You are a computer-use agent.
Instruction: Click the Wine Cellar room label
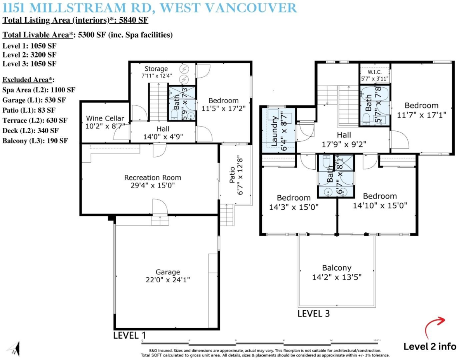pyautogui.click(x=105, y=118)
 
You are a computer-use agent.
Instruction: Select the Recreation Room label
pyautogui.click(x=153, y=178)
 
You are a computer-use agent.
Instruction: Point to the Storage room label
pyautogui.click(x=156, y=69)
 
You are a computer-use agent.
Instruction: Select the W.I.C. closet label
pyautogui.click(x=374, y=72)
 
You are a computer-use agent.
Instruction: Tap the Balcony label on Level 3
pyautogui.click(x=337, y=268)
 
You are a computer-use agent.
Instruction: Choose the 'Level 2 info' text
pyautogui.click(x=430, y=346)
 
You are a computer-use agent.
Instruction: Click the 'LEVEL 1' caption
pyautogui.click(x=130, y=335)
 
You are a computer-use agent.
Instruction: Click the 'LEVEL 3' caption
pyautogui.click(x=314, y=313)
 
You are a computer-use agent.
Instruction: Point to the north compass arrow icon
pyautogui.click(x=14, y=348)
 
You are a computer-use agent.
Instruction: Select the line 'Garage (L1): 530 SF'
pyautogui.click(x=34, y=100)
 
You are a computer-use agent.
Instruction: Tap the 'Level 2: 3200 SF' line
pyautogui.click(x=30, y=55)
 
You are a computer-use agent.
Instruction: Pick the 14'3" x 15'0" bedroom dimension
pyautogui.click(x=294, y=207)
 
